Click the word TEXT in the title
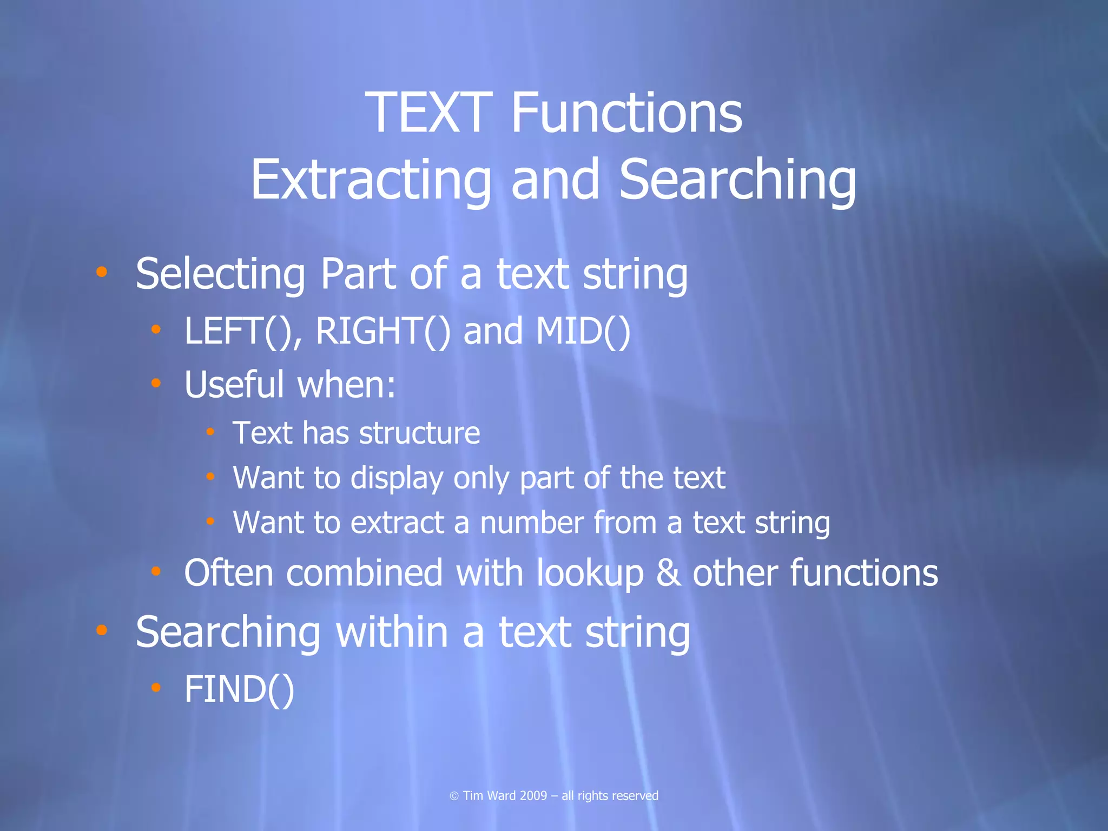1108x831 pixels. coord(429,113)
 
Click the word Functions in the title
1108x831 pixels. coord(626,113)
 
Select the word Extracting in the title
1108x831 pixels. coord(371,180)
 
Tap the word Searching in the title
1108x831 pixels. coord(737,180)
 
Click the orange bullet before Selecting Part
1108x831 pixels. coord(102,272)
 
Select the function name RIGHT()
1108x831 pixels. coord(382,331)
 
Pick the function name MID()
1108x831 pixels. coord(583,331)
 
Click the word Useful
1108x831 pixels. coord(234,384)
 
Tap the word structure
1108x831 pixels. coord(419,433)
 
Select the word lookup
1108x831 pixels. coord(590,573)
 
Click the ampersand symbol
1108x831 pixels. coord(668,573)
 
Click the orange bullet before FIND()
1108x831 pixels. coord(156,687)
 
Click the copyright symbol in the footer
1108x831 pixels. coord(454,796)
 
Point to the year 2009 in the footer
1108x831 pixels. coord(533,796)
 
